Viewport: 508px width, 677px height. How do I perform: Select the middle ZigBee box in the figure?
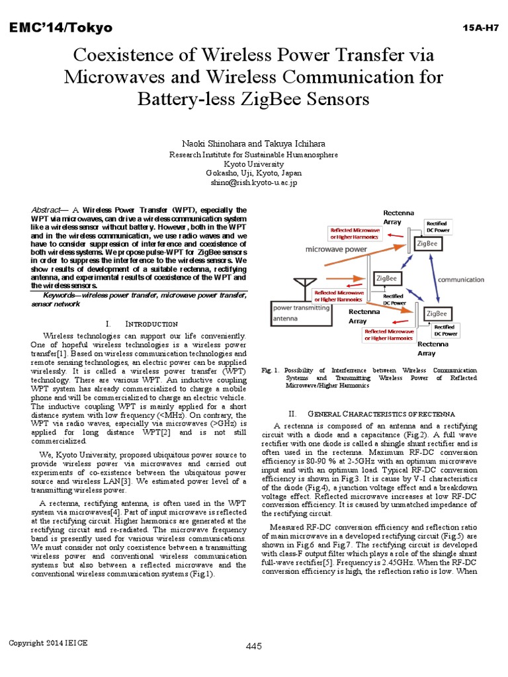386,278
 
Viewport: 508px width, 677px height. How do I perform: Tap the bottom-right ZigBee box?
436,313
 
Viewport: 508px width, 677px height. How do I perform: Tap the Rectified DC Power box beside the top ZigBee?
437,227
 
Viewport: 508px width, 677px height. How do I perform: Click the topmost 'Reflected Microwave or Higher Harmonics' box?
355,233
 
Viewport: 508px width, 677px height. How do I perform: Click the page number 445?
254,645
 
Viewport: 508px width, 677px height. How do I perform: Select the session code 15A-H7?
480,27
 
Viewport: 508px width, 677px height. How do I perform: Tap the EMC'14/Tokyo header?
60,27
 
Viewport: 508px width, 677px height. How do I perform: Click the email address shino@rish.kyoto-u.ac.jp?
254,182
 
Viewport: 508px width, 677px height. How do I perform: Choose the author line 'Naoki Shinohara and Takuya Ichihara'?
254,143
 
